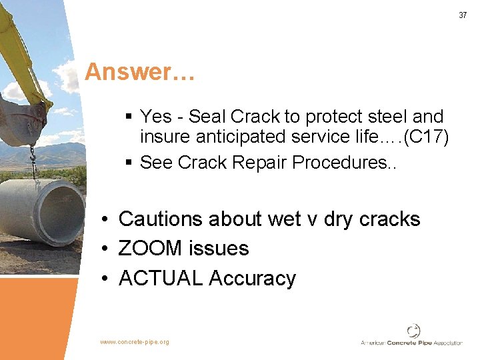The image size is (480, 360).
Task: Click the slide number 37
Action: tap(463, 15)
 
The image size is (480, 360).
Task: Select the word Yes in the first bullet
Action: tap(155, 117)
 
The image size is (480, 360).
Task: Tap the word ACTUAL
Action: tap(161, 278)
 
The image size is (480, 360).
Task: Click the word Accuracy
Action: tap(252, 278)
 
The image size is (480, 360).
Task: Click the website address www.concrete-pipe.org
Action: tap(135, 342)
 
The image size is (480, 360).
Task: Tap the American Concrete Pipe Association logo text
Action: tap(411, 343)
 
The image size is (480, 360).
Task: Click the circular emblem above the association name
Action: tap(413, 330)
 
